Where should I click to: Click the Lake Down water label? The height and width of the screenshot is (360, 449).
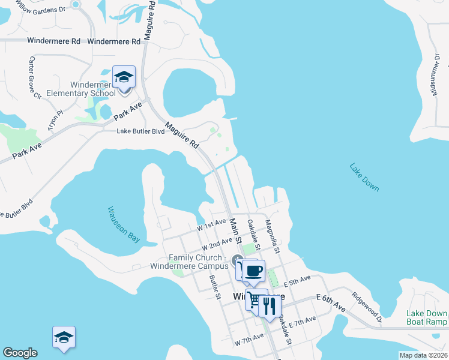[x=364, y=177]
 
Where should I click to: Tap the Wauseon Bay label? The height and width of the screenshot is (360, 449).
[x=124, y=224]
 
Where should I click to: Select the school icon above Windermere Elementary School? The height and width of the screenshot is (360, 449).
[x=124, y=77]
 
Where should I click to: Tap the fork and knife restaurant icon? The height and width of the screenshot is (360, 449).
[x=270, y=306]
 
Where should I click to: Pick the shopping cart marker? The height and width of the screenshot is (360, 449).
[x=256, y=299]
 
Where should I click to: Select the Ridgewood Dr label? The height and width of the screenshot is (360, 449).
[x=367, y=307]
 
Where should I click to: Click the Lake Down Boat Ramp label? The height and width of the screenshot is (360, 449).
[x=427, y=318]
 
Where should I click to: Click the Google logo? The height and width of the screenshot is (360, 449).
[x=20, y=353]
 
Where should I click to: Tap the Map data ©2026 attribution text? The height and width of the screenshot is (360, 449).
[x=423, y=355]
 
